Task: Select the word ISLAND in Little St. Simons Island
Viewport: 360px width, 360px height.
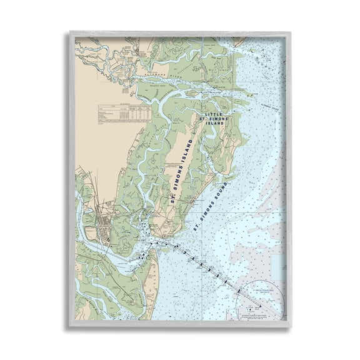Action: coord(211,123)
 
